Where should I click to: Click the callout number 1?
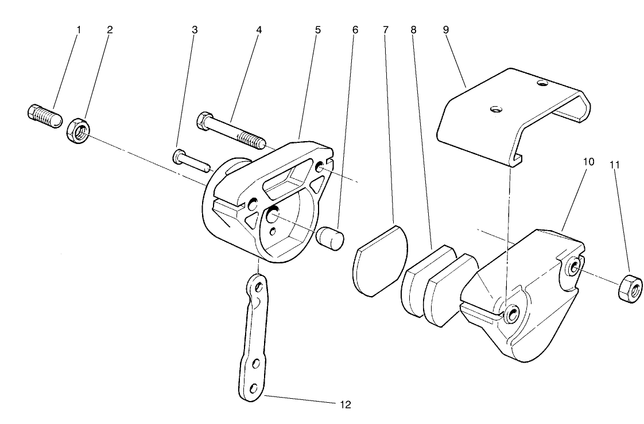click(x=79, y=29)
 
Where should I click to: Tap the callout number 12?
click(x=345, y=404)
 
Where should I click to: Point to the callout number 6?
click(x=354, y=29)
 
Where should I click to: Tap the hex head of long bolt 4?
click(x=204, y=120)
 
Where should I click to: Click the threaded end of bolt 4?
click(x=252, y=139)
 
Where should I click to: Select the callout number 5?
click(x=317, y=29)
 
